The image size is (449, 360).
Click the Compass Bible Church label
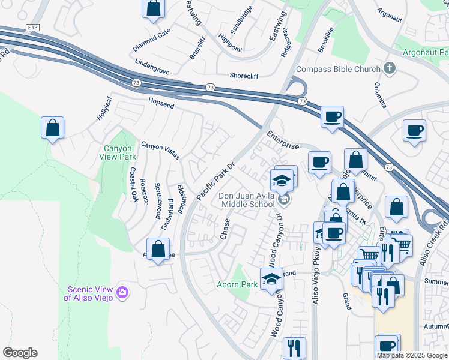[x=338, y=69]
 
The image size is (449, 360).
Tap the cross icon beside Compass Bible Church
[x=390, y=68]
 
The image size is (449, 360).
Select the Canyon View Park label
[x=119, y=152]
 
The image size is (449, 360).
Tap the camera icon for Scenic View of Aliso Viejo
[x=122, y=292]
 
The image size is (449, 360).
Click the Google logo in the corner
[x=20, y=353]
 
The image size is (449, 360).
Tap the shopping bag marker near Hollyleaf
[x=53, y=128]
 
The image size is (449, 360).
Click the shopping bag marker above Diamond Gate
[x=154, y=8]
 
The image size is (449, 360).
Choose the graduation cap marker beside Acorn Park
[x=271, y=279]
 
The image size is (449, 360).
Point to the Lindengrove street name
[x=152, y=66]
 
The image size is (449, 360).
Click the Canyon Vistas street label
[x=160, y=150]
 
